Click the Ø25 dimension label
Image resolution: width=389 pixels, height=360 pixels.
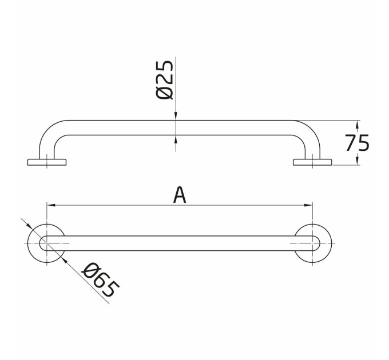165,80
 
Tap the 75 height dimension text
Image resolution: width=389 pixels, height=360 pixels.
357,143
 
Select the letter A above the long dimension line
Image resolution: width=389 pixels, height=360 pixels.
180,195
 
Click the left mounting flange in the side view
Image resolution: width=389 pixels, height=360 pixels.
47,162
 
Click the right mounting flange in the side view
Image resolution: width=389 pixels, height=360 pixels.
312,162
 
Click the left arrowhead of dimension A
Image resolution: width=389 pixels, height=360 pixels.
50,205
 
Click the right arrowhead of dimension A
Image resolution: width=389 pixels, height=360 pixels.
308,205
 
